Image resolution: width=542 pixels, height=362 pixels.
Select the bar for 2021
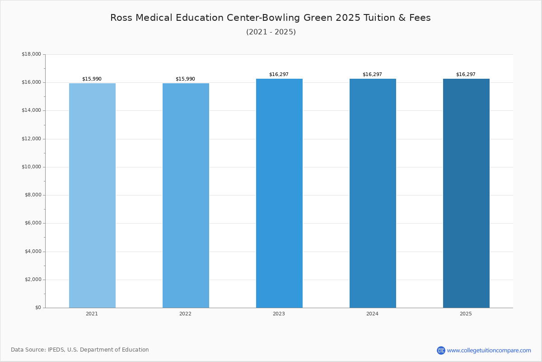click(x=92, y=195)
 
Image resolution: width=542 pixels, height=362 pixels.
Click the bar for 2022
click(x=186, y=195)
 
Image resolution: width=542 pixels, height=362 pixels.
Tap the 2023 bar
click(x=279, y=193)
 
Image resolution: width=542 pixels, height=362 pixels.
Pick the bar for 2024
click(x=373, y=193)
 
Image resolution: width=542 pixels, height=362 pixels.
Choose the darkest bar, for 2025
click(x=466, y=193)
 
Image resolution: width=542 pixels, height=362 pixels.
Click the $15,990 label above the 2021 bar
click(x=92, y=79)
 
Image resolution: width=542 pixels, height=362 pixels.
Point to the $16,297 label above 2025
click(x=466, y=74)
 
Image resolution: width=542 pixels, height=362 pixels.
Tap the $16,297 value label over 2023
click(x=279, y=74)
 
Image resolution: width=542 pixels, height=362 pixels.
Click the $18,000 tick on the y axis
click(x=32, y=54)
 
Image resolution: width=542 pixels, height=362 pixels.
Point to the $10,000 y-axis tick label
click(x=32, y=167)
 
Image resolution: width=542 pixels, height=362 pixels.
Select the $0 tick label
click(x=38, y=307)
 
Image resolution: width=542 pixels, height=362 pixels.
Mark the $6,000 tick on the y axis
click(x=33, y=223)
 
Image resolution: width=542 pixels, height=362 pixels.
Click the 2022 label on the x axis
click(x=185, y=314)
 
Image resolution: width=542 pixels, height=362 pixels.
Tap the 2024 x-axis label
click(x=372, y=314)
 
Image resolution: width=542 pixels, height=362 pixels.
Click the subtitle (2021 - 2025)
click(x=271, y=32)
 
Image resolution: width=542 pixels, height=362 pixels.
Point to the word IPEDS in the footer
click(x=56, y=350)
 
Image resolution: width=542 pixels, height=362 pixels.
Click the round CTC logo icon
click(x=441, y=350)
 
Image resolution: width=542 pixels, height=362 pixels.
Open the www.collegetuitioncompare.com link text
click(x=489, y=350)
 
